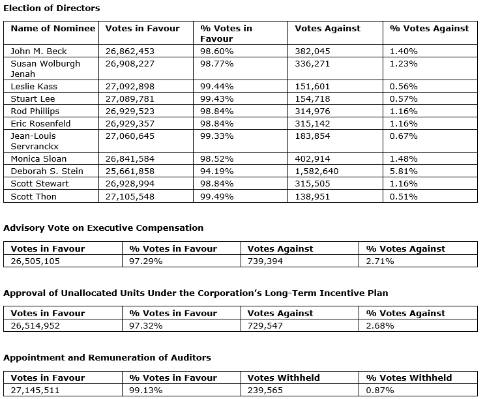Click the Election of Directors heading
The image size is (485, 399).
coord(52,8)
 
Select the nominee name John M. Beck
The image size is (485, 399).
coord(38,51)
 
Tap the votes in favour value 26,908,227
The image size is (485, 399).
coord(130,63)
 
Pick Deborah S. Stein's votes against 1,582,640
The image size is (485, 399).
coord(317,171)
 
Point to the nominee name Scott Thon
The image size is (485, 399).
coord(34,196)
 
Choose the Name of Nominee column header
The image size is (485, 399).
coord(53,28)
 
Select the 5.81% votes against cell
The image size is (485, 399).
coord(404,171)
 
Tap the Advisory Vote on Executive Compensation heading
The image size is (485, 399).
coord(104,228)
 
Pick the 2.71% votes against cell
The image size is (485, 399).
coord(380,261)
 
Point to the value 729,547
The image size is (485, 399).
coord(265,325)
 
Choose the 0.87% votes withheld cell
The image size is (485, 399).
coord(380,390)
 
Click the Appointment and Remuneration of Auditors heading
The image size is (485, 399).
coord(107,357)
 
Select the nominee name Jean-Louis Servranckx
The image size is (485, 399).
coord(35,141)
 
